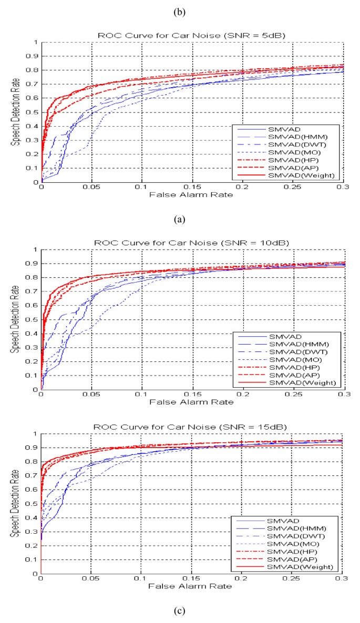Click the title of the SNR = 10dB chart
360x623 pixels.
tap(192, 243)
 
